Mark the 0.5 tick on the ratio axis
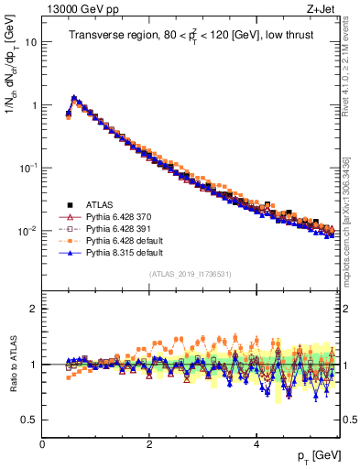pos(29,420)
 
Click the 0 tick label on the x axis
pos(42,443)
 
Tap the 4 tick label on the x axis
pos(256,443)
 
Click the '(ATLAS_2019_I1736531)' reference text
pos(191,274)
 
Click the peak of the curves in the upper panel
pos(73,97)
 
